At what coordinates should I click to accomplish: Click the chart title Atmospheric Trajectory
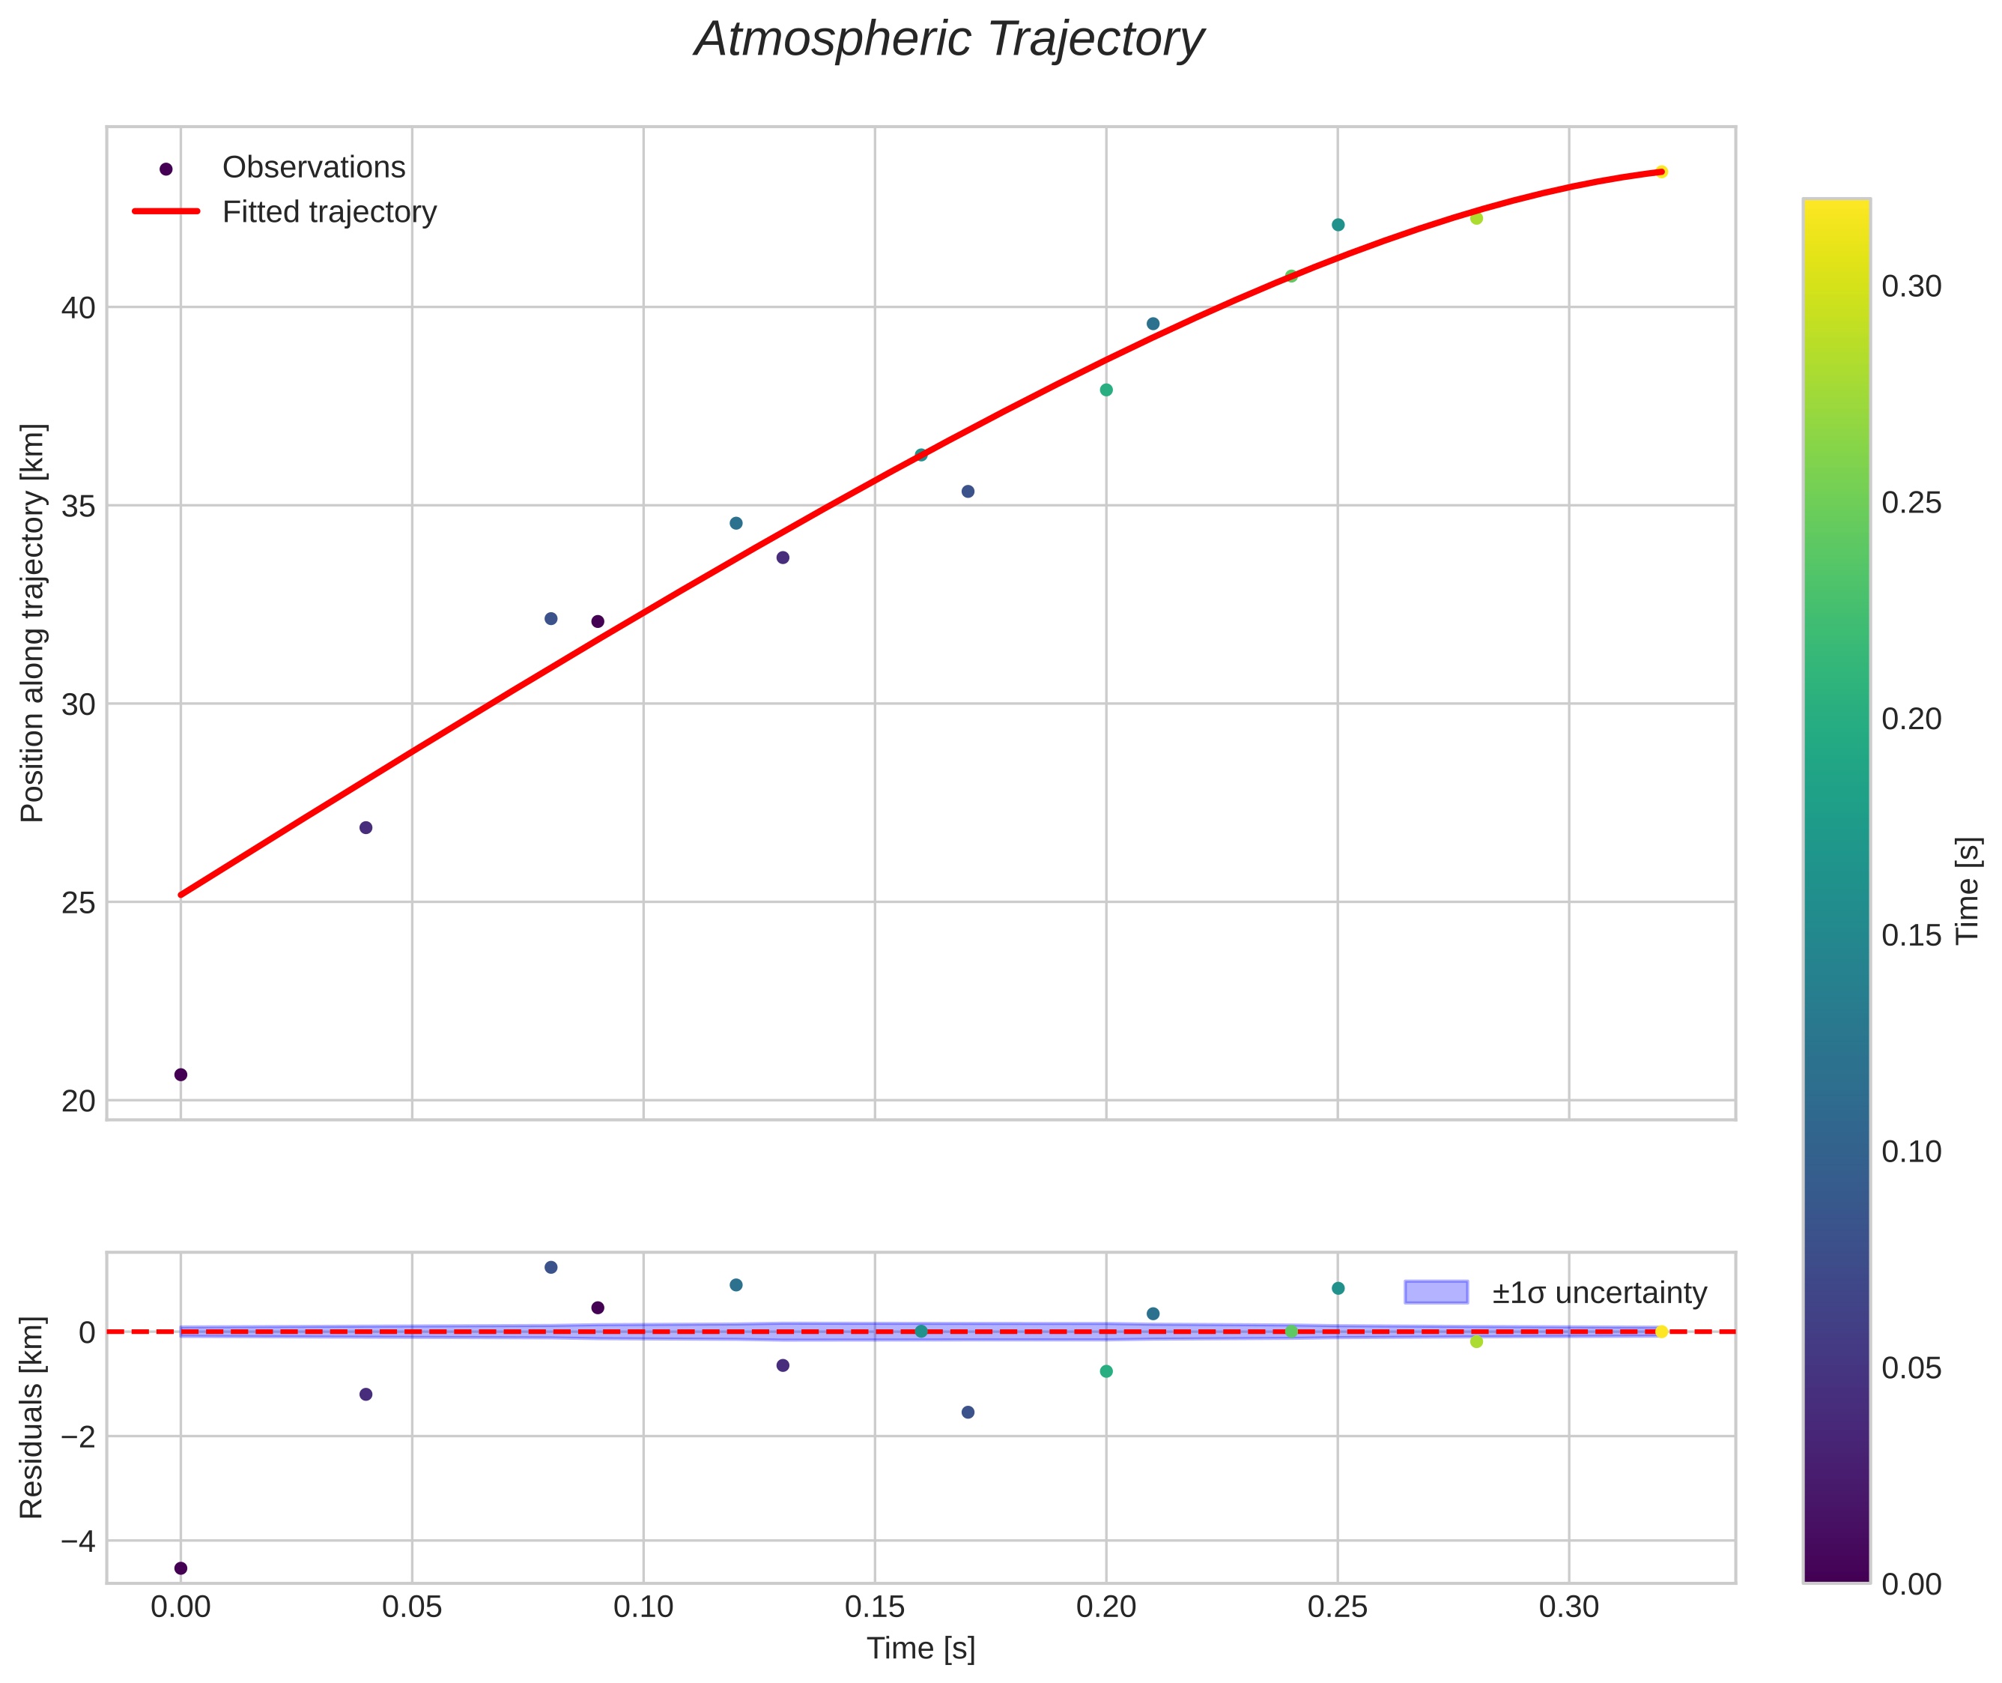949,40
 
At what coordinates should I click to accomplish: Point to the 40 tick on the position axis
78,308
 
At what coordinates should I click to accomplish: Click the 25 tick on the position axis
78,902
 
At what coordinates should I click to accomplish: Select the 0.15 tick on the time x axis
875,1607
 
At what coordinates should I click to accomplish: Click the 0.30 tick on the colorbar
1911,286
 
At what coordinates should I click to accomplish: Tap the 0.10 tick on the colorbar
1911,1152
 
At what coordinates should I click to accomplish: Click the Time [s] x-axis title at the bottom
920,1649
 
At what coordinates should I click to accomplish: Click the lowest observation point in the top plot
181,1075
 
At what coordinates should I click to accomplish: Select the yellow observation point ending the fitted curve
1660,172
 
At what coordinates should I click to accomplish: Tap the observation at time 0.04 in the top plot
365,827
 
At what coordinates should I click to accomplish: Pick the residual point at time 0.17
967,1412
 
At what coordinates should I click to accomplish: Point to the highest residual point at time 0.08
550,1267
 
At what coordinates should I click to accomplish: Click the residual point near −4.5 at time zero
181,1568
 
